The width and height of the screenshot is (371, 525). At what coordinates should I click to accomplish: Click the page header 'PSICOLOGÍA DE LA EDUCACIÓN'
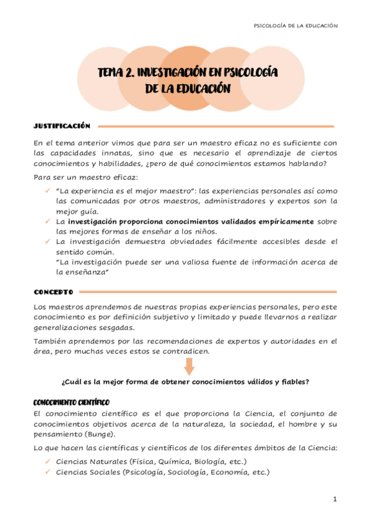click(295, 25)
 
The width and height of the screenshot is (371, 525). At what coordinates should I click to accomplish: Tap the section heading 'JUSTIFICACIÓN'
click(62, 126)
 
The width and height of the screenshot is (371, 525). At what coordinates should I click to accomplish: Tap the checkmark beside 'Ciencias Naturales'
click(48, 462)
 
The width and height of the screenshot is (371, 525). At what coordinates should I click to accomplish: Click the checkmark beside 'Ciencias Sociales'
click(48, 472)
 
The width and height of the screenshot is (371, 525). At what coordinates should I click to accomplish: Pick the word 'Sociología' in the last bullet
click(192, 472)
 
